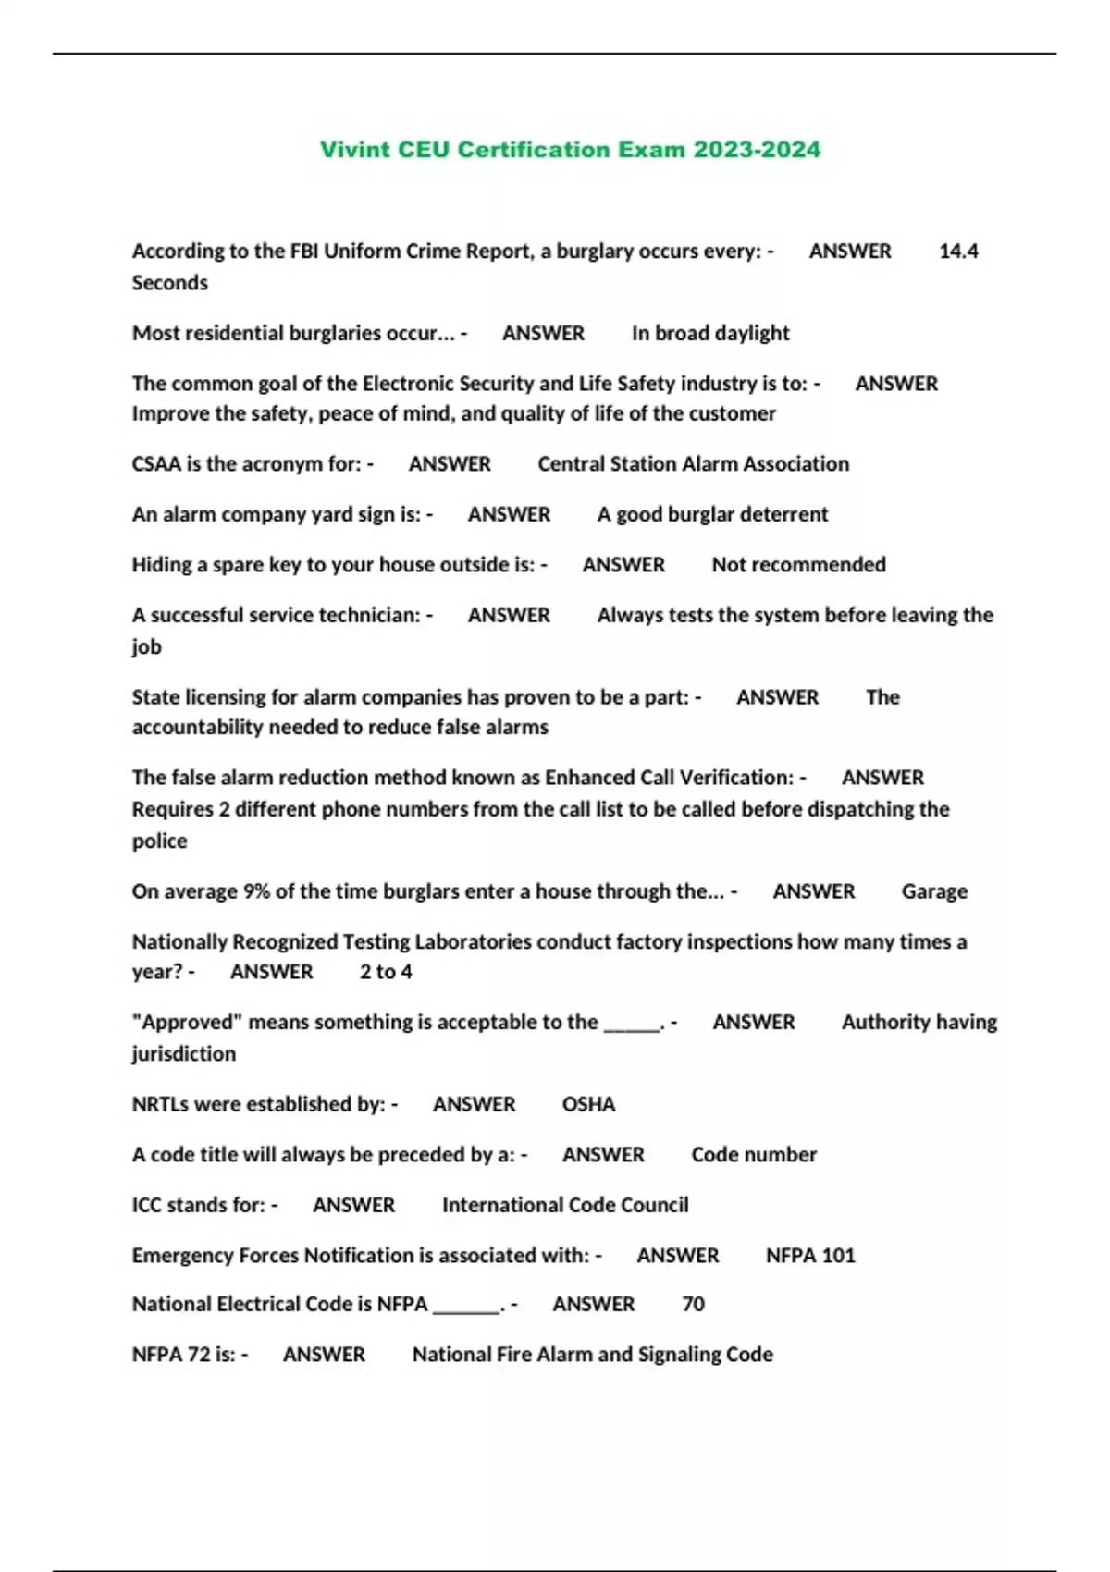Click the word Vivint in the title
point(355,150)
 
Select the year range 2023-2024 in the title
point(757,150)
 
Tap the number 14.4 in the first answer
point(958,252)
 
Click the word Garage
point(934,891)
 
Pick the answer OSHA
point(588,1104)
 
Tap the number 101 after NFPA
point(838,1256)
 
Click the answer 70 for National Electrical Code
point(693,1304)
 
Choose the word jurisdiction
point(183,1054)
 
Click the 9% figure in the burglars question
point(255,891)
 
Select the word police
point(159,841)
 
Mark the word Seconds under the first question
point(169,283)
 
